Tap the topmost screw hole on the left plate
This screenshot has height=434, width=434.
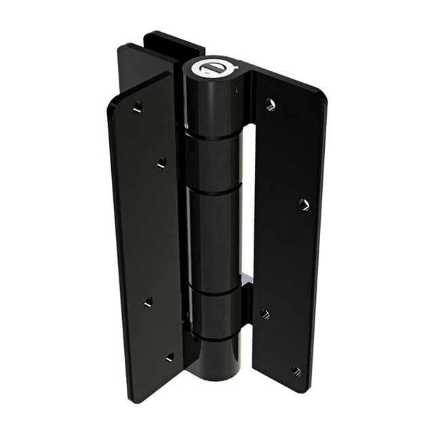coord(138,106)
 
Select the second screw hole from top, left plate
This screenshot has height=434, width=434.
coord(161,163)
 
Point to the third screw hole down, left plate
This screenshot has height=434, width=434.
coord(148,302)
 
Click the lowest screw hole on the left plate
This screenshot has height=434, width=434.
coord(170,357)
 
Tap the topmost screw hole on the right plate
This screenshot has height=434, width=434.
coord(270,104)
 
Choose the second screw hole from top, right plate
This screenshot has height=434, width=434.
coord(304,204)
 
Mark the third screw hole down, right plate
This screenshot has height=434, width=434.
coord(264,314)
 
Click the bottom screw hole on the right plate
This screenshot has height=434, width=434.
coord(296,370)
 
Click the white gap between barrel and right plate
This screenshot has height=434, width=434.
coord(248,203)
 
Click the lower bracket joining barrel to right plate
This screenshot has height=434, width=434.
coord(245,305)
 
